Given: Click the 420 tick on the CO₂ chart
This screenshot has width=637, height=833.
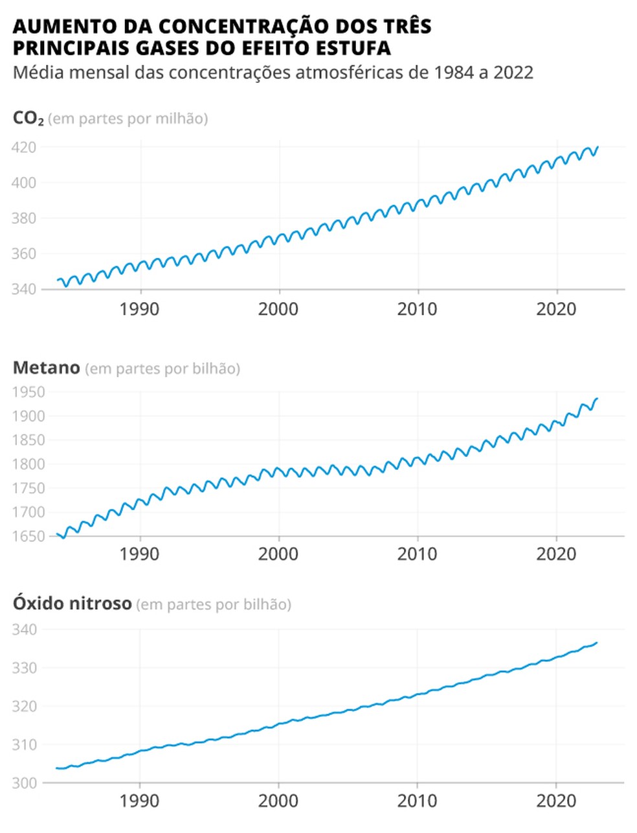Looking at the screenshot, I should click(x=23, y=147).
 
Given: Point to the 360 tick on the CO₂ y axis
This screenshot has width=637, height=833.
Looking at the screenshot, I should click(x=23, y=253).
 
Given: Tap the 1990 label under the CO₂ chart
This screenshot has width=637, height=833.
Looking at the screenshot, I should click(x=139, y=309).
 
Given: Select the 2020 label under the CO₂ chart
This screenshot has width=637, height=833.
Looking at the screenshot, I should click(x=556, y=309).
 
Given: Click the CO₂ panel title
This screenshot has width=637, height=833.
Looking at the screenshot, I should click(x=28, y=119).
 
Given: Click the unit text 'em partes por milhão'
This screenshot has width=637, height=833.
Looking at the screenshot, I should click(x=128, y=119).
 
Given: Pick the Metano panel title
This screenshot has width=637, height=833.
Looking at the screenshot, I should click(x=46, y=368).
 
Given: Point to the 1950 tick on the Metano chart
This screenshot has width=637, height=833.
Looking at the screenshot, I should click(x=27, y=392).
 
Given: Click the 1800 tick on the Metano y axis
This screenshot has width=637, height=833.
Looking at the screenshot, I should click(x=27, y=464).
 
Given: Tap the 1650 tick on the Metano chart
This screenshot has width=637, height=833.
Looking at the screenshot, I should click(x=27, y=536).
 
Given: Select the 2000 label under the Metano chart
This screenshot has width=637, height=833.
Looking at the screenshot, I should click(x=278, y=554).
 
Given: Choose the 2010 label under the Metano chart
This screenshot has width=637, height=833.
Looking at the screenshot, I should click(x=417, y=554).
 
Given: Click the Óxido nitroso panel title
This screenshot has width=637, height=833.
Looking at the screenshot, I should click(x=72, y=604).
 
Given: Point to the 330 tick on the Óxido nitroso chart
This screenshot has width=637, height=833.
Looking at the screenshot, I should click(x=25, y=668).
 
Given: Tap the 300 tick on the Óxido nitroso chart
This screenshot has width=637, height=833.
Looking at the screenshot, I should click(x=25, y=783).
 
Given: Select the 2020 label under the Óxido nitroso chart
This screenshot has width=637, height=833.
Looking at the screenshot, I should click(x=556, y=801).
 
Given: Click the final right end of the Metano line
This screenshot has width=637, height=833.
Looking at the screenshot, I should click(x=597, y=399).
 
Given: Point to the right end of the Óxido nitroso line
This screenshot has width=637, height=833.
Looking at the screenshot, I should click(x=597, y=642).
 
